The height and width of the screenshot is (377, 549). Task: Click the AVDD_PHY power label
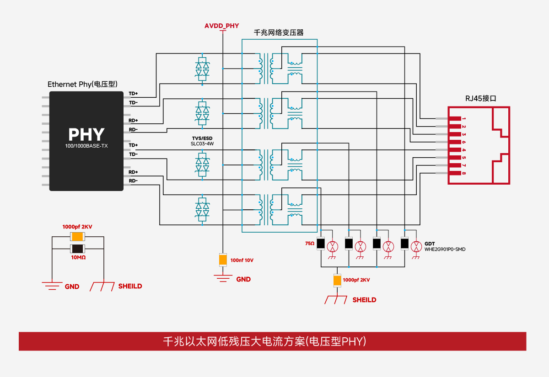coord(221,26)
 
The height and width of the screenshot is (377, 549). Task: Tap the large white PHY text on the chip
coord(86,134)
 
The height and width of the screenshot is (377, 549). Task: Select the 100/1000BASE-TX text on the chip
coord(86,146)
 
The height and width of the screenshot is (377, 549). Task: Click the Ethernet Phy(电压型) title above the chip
coord(83,84)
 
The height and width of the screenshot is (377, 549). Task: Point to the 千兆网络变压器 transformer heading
coord(279,33)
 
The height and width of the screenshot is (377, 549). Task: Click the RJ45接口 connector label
coord(481,98)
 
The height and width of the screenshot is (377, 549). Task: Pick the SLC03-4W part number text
coord(202,143)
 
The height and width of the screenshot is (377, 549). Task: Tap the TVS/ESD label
coord(202,138)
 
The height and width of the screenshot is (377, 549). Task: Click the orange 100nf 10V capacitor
coord(223,260)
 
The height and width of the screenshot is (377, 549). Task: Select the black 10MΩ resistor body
coord(77,249)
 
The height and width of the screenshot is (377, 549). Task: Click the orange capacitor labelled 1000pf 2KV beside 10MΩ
coord(77,237)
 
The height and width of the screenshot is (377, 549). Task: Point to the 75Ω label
coord(310,243)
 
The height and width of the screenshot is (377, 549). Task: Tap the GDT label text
coord(430,244)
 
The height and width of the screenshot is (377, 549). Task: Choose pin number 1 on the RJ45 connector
coord(463,118)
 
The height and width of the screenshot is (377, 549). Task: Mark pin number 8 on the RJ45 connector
coord(463,173)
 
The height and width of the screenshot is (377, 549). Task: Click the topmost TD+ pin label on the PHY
coord(133,93)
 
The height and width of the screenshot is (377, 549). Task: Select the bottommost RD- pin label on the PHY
coord(133,181)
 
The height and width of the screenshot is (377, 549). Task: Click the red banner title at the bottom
coord(272,341)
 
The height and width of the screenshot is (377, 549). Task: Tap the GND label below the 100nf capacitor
coord(243,279)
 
